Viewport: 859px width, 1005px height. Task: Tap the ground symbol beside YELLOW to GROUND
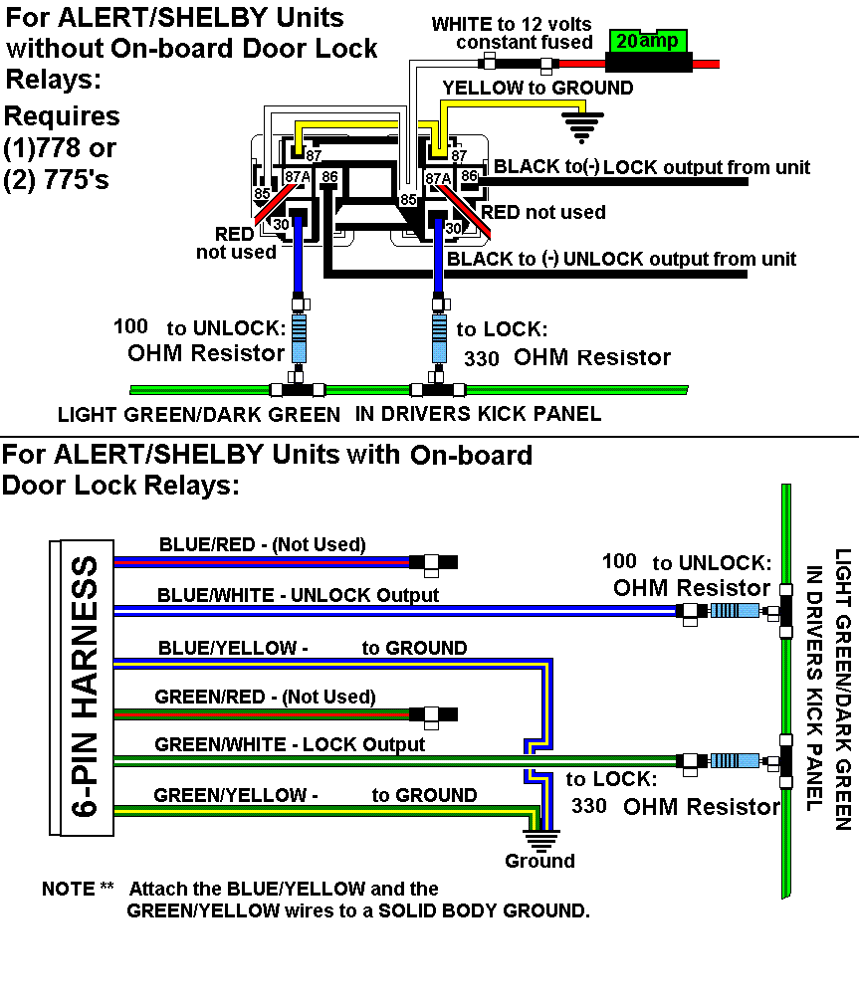point(582,125)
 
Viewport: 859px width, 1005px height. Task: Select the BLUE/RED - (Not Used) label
point(262,544)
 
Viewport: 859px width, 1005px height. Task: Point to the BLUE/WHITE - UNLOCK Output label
point(298,595)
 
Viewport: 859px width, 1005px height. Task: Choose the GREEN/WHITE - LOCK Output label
point(290,744)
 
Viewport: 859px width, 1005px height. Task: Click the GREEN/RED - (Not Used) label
point(265,697)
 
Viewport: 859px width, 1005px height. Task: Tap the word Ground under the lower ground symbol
point(539,861)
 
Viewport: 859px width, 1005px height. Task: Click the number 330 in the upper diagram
point(482,359)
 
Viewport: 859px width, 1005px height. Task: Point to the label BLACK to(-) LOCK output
point(652,167)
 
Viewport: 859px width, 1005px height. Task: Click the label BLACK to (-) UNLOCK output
point(622,260)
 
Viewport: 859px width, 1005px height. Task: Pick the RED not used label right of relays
point(543,212)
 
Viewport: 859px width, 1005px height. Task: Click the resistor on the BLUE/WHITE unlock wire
point(732,612)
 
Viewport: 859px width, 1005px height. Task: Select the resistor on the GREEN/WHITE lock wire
point(732,761)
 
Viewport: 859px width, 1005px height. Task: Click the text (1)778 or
point(60,149)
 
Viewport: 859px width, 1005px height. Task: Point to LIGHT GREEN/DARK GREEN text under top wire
point(198,414)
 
